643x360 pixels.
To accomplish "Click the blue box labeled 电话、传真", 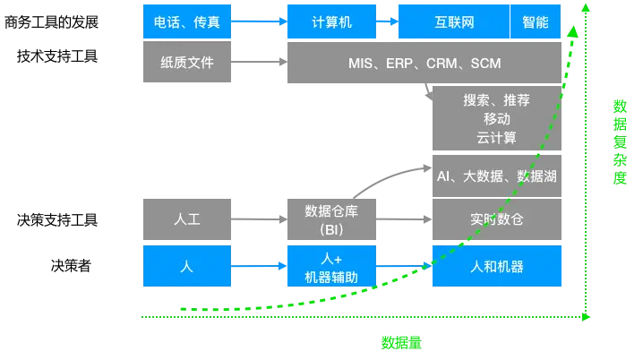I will click(x=188, y=22).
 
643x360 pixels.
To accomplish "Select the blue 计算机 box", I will click(x=332, y=22).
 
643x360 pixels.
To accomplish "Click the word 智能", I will click(x=536, y=22).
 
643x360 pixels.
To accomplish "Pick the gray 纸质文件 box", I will click(x=188, y=64).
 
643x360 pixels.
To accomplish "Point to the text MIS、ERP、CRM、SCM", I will click(x=424, y=64).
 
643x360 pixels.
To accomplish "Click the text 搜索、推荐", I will click(x=496, y=100).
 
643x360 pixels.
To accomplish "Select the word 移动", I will click(x=496, y=119).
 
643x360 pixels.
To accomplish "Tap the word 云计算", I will click(x=496, y=138).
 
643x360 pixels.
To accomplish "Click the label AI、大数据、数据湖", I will click(x=496, y=176).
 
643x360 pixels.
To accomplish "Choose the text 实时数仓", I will click(x=496, y=219).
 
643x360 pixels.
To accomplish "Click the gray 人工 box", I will click(x=188, y=219).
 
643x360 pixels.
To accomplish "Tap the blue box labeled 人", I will click(x=188, y=266).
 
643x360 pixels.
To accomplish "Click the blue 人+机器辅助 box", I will click(x=332, y=267).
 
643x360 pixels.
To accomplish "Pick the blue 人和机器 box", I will click(x=496, y=266).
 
